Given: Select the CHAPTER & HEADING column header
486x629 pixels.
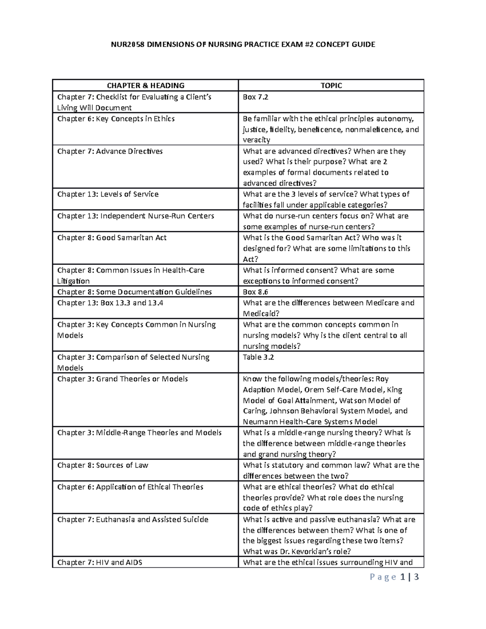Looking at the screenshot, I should click(x=145, y=85).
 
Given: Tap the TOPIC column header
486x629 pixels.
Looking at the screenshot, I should click(x=331, y=85).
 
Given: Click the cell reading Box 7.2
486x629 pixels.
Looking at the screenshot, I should click(x=255, y=97).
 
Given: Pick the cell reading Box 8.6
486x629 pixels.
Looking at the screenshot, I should click(x=255, y=292).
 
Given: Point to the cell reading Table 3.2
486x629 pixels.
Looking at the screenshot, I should click(x=258, y=357).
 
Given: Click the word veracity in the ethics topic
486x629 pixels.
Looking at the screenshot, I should click(x=256, y=140).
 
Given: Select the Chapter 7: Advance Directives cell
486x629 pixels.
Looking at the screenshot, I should click(x=110, y=151).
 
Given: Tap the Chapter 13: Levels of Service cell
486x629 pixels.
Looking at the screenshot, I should click(x=108, y=194).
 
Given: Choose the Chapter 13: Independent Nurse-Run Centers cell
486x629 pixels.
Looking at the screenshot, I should click(x=135, y=216).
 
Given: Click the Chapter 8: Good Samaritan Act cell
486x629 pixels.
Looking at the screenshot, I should click(x=112, y=238).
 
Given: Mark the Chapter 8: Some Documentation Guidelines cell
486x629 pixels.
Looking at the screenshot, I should click(x=134, y=292).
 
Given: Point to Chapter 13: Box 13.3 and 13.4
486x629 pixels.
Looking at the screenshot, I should click(x=110, y=303).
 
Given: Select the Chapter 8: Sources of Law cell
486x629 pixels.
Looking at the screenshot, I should click(x=102, y=465).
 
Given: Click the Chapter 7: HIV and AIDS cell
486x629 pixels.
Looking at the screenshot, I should click(x=100, y=563).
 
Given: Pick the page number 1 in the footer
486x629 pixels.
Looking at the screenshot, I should click(x=403, y=577).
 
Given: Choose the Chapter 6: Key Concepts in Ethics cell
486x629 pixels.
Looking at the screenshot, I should click(x=116, y=119).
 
